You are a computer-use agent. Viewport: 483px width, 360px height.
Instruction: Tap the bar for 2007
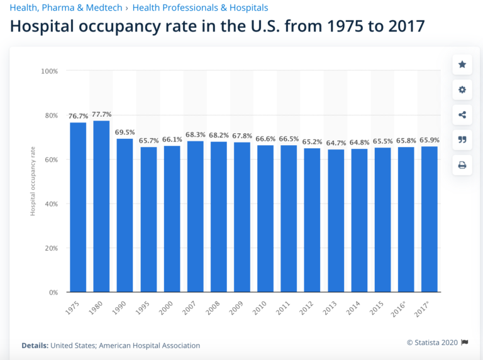(x=195, y=217)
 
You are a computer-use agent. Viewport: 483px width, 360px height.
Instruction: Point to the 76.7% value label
(x=78, y=116)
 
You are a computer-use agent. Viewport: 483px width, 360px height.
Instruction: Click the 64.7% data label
(x=336, y=143)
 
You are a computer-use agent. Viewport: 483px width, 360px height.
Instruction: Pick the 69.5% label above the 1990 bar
(x=125, y=132)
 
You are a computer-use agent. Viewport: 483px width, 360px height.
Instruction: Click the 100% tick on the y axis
(x=49, y=72)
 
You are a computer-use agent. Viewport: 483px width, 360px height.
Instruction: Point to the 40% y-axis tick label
(x=50, y=204)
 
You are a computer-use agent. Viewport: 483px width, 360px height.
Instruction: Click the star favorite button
(x=462, y=65)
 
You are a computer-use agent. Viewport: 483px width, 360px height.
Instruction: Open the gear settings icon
(x=462, y=90)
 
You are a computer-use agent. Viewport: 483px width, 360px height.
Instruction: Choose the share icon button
(x=462, y=115)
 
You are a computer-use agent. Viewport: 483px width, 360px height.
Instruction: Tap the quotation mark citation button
(x=462, y=140)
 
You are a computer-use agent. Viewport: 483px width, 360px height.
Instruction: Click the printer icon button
(x=462, y=165)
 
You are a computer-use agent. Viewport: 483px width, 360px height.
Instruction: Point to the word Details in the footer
(x=34, y=346)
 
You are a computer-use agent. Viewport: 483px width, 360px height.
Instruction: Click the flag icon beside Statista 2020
(x=465, y=342)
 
